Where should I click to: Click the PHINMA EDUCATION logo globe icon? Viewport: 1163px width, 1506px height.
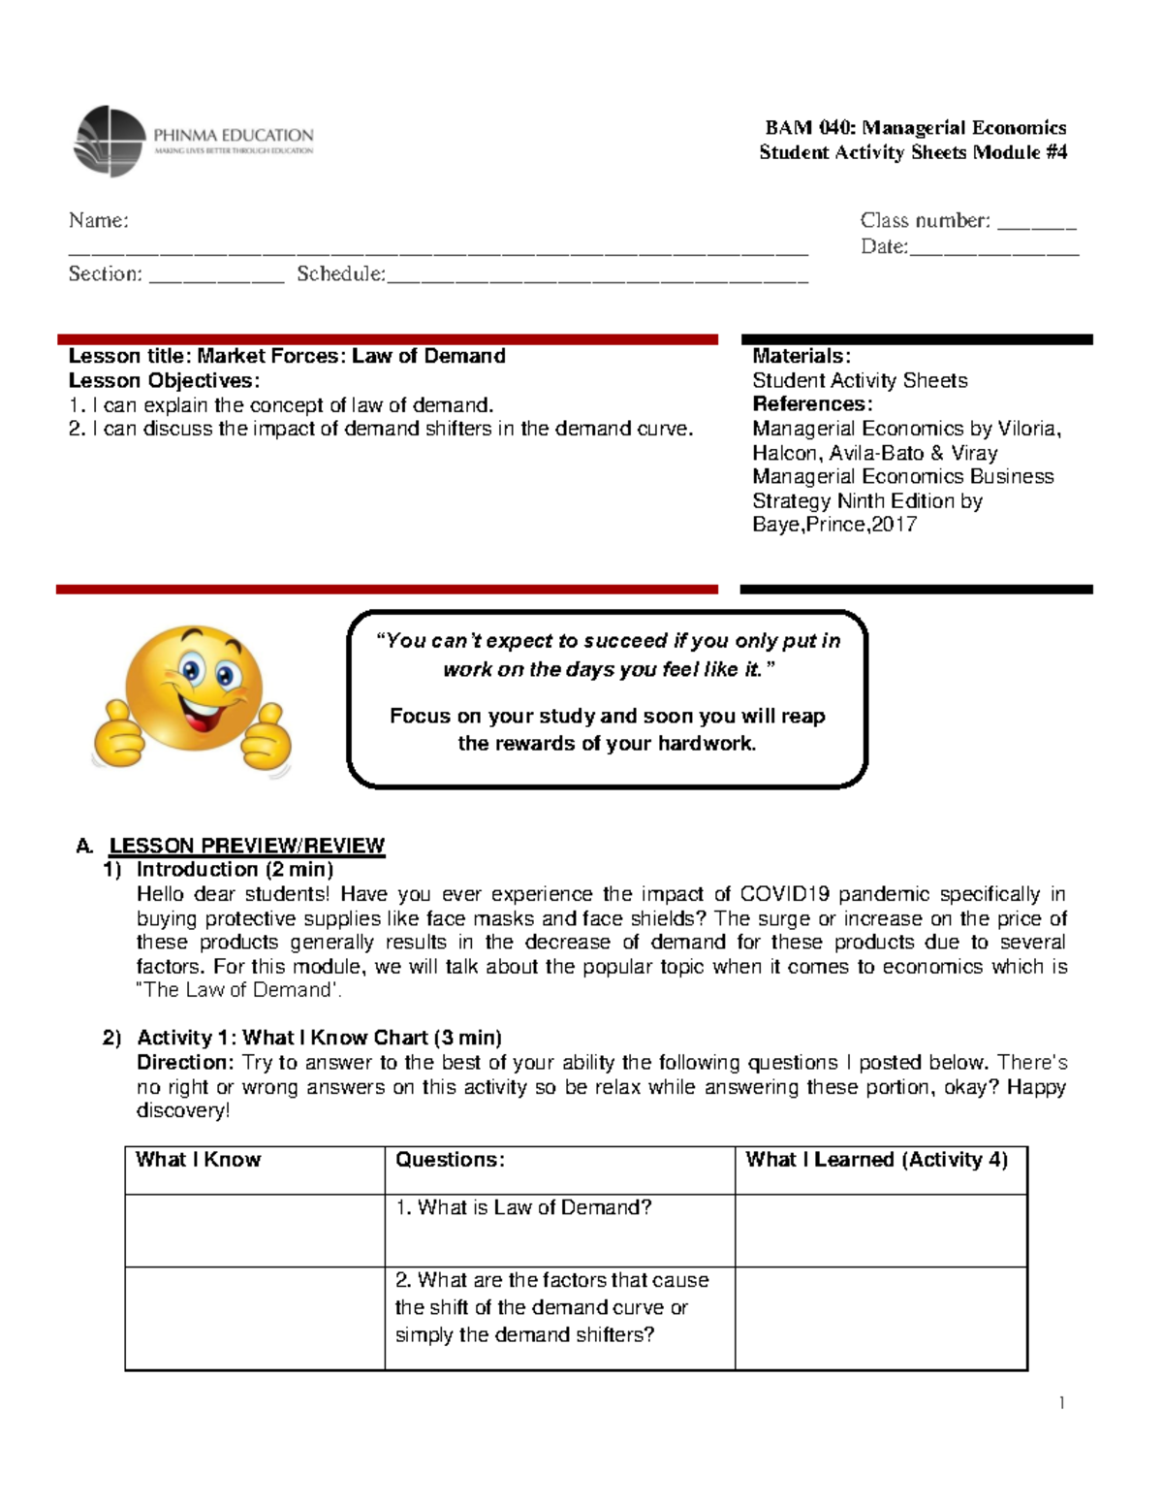tap(110, 142)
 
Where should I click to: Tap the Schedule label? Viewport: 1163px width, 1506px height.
tap(340, 274)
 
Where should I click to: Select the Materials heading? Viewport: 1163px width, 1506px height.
tap(802, 356)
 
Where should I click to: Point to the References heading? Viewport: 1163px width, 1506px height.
tap(812, 404)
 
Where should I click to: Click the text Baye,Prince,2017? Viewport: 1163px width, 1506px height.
tap(834, 525)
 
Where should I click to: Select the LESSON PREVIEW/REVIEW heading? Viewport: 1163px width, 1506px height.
tap(246, 846)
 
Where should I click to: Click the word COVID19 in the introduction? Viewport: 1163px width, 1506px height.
tap(785, 894)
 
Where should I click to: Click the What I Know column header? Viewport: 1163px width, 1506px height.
tap(199, 1160)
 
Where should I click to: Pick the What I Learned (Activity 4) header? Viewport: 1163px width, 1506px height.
tap(876, 1160)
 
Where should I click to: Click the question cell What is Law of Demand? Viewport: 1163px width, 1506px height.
tap(523, 1208)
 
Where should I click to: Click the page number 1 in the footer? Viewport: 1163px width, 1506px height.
tap(1061, 1403)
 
